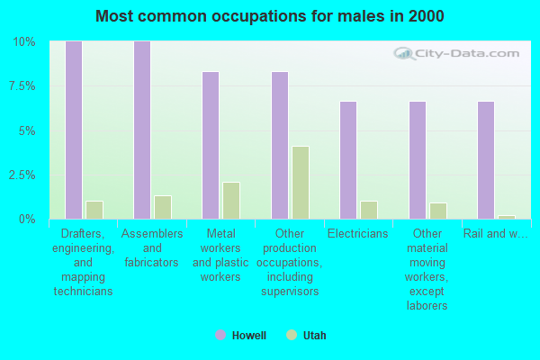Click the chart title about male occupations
click(x=270, y=16)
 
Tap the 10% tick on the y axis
click(x=23, y=42)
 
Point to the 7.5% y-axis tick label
click(x=22, y=86)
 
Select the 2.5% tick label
click(x=22, y=175)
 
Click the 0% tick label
click(x=27, y=219)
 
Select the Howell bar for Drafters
click(x=74, y=130)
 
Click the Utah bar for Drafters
click(x=94, y=210)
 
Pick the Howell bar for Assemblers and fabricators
click(x=142, y=130)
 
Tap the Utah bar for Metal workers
click(x=231, y=201)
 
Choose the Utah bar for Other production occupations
click(x=301, y=183)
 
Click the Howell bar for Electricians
click(x=348, y=160)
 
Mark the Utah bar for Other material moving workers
click(x=438, y=211)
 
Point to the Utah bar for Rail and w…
click(x=507, y=217)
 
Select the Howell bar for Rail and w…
click(x=486, y=160)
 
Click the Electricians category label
click(x=358, y=234)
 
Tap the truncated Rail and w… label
click(x=496, y=234)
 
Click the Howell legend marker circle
click(x=220, y=335)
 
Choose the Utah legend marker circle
click(x=292, y=335)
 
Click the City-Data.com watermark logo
click(x=456, y=54)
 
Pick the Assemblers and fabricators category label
click(x=152, y=248)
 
